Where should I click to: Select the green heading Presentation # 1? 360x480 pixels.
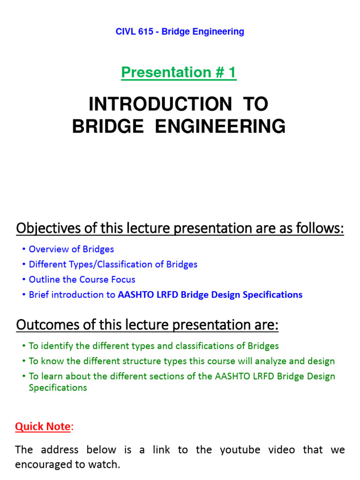[179, 73]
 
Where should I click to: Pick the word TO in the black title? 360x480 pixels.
[256, 105]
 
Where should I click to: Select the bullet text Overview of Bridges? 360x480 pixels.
[71, 249]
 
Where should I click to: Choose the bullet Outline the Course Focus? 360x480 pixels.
[82, 279]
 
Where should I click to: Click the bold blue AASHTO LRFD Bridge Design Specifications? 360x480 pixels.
[210, 295]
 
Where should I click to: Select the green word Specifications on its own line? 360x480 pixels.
[58, 388]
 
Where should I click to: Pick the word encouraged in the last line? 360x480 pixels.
[41, 465]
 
